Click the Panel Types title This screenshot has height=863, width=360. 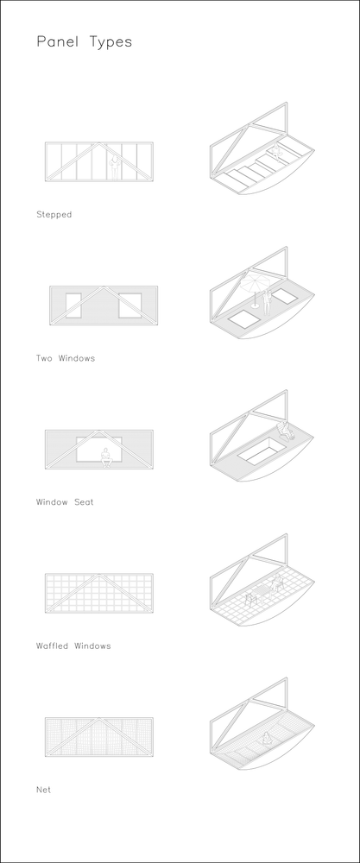[x=85, y=42]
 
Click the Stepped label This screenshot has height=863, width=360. [x=54, y=215]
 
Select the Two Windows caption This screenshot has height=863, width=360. [x=66, y=358]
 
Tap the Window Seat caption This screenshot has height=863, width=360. [x=65, y=502]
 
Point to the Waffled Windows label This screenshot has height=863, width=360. [x=73, y=646]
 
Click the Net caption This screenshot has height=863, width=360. [x=43, y=790]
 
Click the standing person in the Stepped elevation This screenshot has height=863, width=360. [x=115, y=167]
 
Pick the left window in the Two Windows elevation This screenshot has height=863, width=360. [x=73, y=306]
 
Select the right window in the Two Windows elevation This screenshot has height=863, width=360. [x=129, y=306]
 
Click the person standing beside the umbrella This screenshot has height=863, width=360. [x=267, y=302]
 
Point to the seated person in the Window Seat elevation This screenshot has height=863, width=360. [x=106, y=458]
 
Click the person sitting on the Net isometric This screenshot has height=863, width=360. [x=268, y=738]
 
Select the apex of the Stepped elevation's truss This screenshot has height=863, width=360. [x=99, y=143]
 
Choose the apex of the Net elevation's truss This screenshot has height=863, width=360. [x=99, y=719]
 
